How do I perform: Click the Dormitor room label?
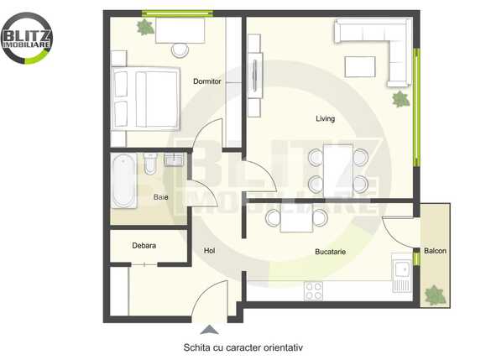coord(206,81)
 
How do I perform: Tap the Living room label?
coord(325,118)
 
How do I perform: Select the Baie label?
coord(160,197)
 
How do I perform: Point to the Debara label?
coord(144,246)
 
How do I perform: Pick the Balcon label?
coord(435,251)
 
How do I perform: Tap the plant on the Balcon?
coord(435,295)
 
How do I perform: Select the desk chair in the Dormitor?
coord(180,49)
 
